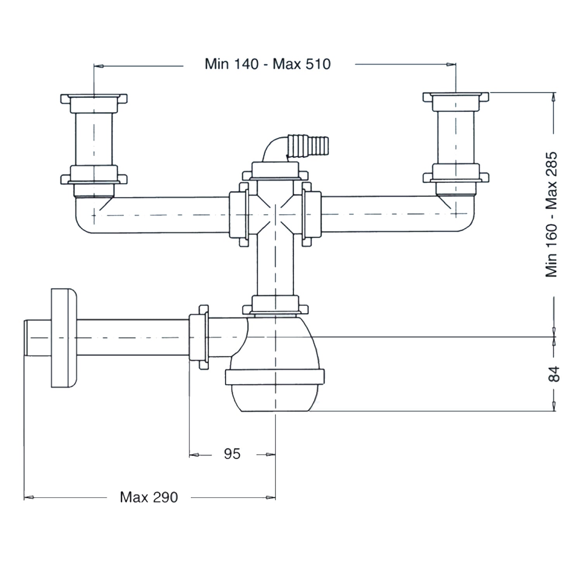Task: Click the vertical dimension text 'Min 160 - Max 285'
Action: pos(551,215)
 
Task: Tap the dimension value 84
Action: pos(554,374)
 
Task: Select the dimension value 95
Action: pos(232,454)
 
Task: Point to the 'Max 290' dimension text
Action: pos(149,497)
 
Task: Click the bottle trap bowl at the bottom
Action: pos(275,396)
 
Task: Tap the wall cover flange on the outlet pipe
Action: pos(64,338)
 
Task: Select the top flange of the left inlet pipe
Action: pos(94,98)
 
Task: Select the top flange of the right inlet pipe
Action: pos(456,97)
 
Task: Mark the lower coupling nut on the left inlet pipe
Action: pos(94,175)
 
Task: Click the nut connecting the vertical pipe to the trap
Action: pos(275,305)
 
